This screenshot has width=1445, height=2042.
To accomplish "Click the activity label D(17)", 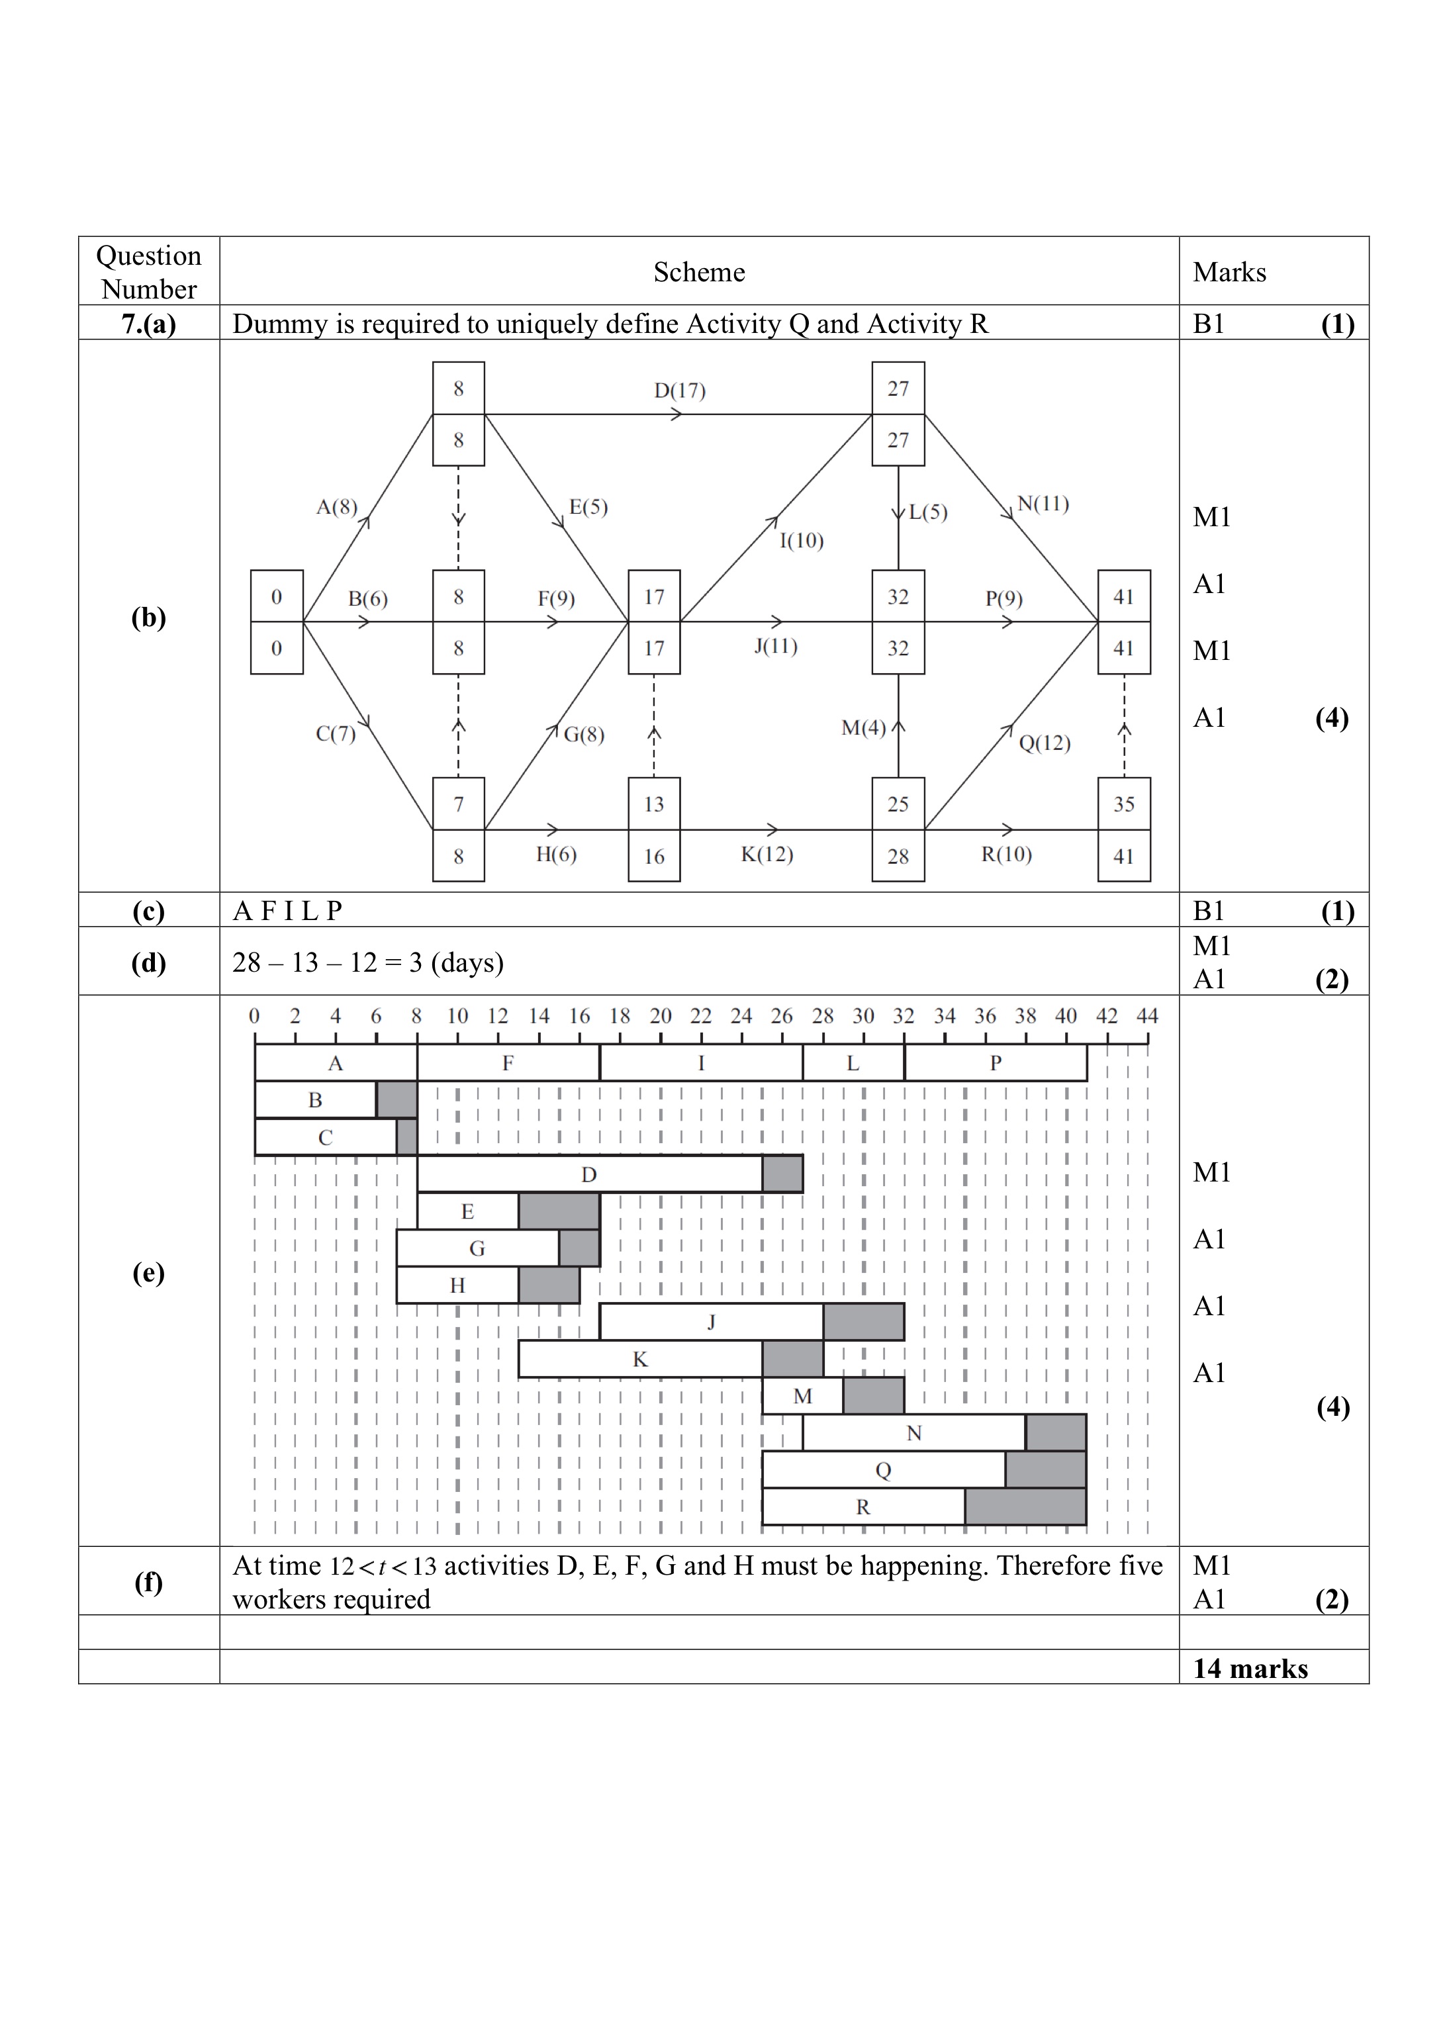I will coord(680,391).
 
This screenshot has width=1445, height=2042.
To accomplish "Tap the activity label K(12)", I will coord(767,854).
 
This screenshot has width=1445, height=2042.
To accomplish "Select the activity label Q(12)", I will coord(1045,743).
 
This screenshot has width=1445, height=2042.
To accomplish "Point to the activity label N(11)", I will coord(1043,504).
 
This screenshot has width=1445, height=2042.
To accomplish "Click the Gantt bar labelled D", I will coord(589,1174).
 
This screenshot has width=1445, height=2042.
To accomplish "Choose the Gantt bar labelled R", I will coord(863,1507).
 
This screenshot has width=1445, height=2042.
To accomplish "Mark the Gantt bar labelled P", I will coord(996,1063).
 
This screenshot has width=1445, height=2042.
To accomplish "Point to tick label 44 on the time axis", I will coord(1147,1016).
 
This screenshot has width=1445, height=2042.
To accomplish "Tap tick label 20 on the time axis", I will coord(660,1016).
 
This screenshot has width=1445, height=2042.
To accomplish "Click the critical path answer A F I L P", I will coord(287,910).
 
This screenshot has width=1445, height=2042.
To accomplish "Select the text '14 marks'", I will coord(1250,1668).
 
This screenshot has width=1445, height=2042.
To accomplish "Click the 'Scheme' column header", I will coord(700,272).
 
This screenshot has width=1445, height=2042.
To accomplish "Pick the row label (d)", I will coord(148,962).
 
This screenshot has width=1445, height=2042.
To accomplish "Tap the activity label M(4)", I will coord(863,729).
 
